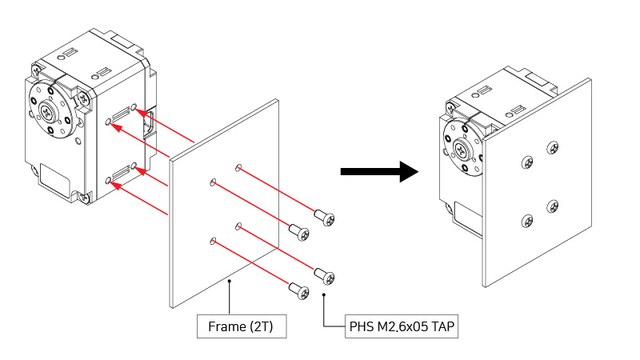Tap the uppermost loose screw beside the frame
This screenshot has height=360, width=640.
[324, 216]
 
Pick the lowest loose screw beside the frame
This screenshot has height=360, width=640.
[299, 291]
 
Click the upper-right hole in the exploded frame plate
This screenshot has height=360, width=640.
[238, 167]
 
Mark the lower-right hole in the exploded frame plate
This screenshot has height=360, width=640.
[238, 227]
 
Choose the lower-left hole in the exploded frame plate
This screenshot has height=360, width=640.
[212, 240]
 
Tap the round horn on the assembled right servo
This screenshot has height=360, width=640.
[464, 150]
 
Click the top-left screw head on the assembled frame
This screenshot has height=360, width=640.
[527, 163]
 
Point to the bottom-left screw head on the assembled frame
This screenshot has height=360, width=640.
[527, 221]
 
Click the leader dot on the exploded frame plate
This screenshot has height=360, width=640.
[230, 282]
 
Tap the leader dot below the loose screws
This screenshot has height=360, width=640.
[323, 295]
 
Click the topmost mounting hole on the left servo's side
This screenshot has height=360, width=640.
[134, 106]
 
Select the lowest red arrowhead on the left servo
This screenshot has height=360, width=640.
[113, 184]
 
